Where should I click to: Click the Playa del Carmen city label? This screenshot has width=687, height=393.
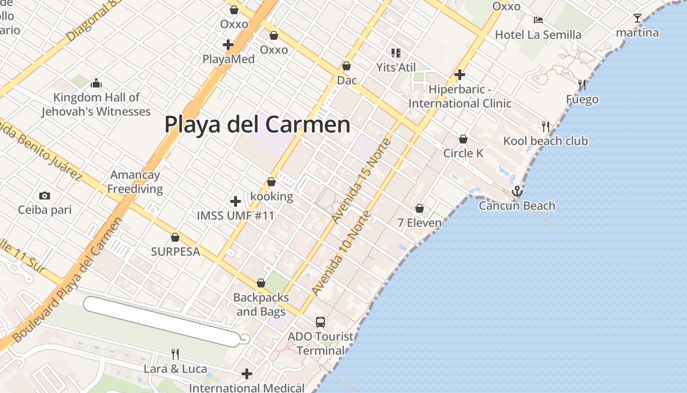tap(257, 124)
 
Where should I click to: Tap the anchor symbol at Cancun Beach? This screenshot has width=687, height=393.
tap(517, 191)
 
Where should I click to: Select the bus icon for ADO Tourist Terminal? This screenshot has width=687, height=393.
tap(320, 322)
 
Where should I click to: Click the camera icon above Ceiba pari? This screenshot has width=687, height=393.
tap(45, 196)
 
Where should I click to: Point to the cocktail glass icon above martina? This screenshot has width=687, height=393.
tap(637, 18)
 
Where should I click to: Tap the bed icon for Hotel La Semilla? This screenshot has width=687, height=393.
tap(538, 20)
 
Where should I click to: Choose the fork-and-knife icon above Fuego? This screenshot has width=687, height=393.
tap(582, 84)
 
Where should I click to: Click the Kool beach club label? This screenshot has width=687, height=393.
tap(545, 141)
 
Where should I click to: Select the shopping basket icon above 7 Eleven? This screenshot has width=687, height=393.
tap(420, 208)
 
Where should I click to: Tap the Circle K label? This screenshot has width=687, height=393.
tap(463, 153)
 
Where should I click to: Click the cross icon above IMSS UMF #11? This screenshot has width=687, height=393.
tap(236, 201)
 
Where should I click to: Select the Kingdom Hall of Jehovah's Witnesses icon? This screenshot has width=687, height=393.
tap(96, 83)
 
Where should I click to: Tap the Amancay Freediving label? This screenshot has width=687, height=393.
tap(134, 182)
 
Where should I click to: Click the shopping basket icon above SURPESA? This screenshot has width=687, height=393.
tap(175, 237)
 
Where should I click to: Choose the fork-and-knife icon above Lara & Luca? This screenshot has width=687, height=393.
tap(175, 354)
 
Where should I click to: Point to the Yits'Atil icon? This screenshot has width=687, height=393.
tap(396, 53)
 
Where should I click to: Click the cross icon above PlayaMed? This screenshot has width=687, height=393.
tap(228, 45)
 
